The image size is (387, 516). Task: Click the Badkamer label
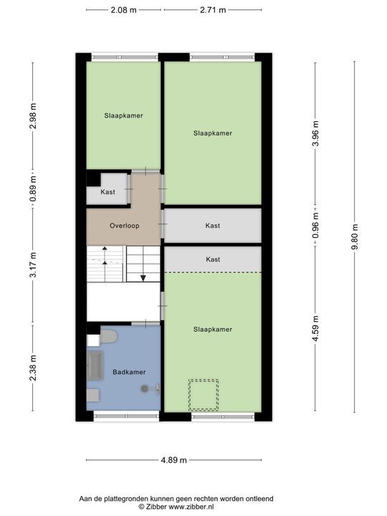tap(129, 372)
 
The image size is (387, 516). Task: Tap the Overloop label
tap(124, 225)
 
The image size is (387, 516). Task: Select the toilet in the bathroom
tap(108, 335)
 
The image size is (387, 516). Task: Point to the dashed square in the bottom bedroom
tap(203, 394)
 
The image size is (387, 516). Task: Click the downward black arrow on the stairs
tap(143, 277)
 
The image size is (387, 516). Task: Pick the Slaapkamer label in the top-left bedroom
tap(123, 115)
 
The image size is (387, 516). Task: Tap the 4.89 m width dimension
tap(173, 460)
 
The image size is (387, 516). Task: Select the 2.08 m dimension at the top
tap(125, 10)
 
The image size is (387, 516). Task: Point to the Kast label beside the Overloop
tap(213, 225)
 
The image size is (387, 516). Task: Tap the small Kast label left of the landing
tap(107, 192)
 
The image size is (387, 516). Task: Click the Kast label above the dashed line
tap(213, 259)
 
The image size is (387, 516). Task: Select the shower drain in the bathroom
tap(145, 388)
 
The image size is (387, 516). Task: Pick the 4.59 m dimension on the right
tap(316, 329)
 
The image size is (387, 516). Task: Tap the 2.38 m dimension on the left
tap(33, 368)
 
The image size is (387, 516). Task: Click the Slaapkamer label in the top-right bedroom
tap(213, 133)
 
